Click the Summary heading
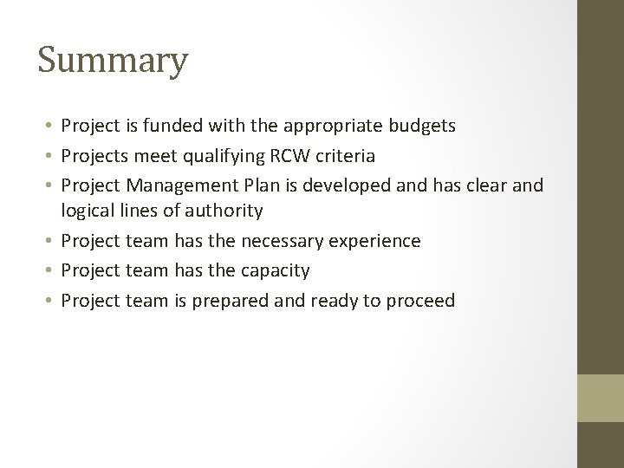pyautogui.click(x=113, y=62)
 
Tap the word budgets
pyautogui.click(x=422, y=127)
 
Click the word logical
pyautogui.click(x=87, y=210)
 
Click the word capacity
pyautogui.click(x=273, y=270)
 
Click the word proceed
pyautogui.click(x=423, y=301)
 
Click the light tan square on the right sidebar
pyautogui.click(x=601, y=399)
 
